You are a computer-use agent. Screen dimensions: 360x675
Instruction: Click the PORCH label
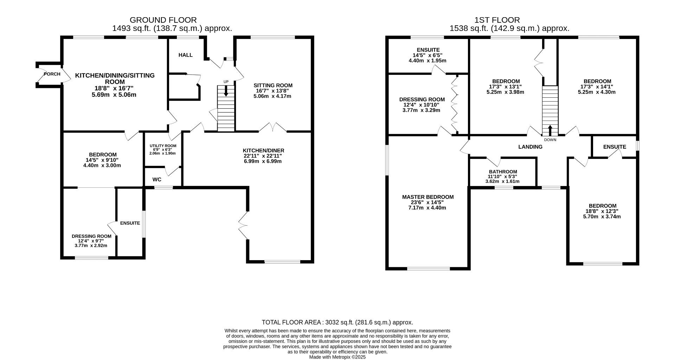(52, 74)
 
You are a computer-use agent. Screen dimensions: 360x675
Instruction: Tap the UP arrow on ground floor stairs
(226, 91)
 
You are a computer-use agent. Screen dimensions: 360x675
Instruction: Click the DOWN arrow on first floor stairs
(550, 130)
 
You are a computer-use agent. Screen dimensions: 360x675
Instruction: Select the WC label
(157, 180)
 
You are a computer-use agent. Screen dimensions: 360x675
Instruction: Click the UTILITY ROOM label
(163, 146)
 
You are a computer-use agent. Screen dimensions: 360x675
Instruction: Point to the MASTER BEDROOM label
(428, 197)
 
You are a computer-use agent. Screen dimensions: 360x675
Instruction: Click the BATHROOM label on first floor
(502, 172)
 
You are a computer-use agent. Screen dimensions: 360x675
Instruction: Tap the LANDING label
(530, 147)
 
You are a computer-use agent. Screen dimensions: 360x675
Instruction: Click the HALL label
(185, 55)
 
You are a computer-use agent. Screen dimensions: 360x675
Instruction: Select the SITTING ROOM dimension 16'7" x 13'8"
(272, 91)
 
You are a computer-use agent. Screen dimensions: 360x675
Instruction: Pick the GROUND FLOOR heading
(163, 20)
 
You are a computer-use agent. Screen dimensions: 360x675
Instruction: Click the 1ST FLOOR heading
(497, 20)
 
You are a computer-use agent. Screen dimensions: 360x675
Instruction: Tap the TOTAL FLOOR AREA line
(337, 322)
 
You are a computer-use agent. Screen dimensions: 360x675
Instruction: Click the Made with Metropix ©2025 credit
(337, 357)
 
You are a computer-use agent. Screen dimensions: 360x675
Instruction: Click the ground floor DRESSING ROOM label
(91, 236)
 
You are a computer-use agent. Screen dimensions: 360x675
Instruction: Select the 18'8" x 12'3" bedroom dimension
(602, 211)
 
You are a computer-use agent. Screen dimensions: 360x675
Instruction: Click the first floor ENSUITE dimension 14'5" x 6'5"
(427, 55)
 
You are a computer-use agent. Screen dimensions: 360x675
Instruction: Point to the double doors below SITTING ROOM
(273, 127)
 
